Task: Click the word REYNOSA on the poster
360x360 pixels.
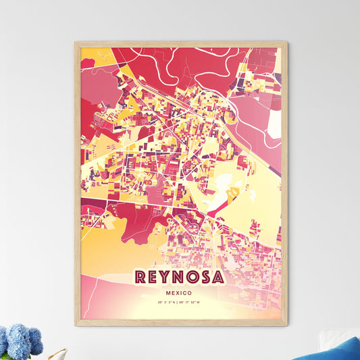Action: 180,278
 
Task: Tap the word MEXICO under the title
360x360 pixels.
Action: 180,292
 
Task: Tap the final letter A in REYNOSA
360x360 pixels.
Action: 217,278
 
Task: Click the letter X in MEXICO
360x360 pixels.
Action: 176,292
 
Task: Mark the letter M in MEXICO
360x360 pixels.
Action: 165,292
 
